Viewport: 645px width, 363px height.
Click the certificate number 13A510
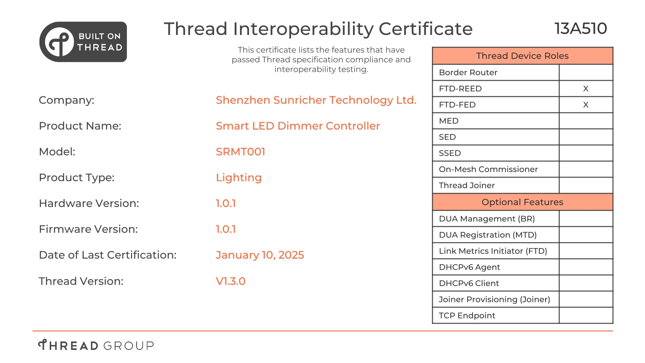580,29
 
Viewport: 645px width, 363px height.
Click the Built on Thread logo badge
83,42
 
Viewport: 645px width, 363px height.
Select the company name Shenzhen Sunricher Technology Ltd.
316,100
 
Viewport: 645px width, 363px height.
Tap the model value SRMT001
241,152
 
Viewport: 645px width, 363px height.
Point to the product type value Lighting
239,178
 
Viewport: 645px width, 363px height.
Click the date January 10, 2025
260,255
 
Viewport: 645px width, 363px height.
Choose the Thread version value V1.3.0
231,281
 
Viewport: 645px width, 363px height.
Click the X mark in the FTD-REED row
586,89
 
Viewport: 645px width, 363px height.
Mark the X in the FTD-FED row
586,105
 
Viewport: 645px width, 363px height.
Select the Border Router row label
468,73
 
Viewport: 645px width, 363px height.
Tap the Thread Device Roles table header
522,56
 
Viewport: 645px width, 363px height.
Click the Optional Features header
522,202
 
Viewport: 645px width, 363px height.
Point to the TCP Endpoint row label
467,316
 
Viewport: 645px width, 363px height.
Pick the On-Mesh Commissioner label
488,169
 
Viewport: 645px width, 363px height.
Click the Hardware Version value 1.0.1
226,203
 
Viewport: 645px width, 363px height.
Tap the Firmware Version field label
88,229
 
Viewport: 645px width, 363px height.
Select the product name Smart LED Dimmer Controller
298,126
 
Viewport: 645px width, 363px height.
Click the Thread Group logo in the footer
96,345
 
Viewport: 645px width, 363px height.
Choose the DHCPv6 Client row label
469,284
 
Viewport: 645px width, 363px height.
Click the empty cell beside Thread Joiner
586,186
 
